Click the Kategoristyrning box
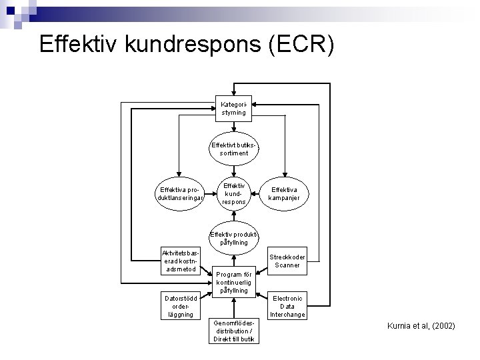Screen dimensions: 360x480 pos(234,108)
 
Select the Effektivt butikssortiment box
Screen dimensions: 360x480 pos(234,148)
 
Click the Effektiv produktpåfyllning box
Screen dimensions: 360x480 pos(234,238)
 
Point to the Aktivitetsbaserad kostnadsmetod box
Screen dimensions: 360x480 pos(179,261)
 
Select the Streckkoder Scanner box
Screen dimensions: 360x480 pos(287,261)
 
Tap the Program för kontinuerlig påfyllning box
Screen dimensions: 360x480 pos(234,282)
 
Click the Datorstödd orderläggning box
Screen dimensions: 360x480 pos(179,305)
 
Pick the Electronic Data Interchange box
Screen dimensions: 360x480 pos(287,306)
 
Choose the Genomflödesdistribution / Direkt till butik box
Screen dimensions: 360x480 pos(234,330)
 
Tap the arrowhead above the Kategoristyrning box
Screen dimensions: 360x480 pos(234,93)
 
